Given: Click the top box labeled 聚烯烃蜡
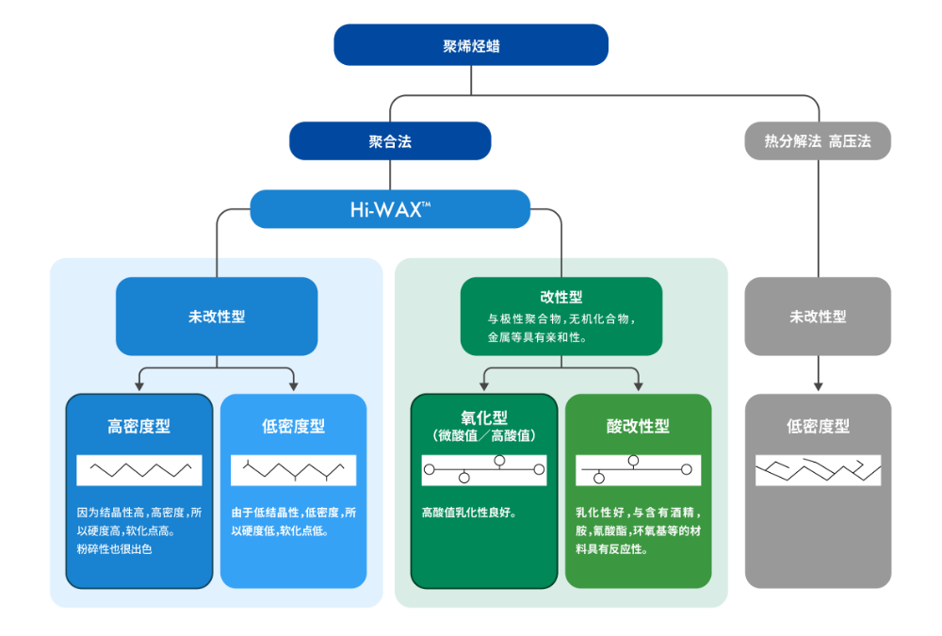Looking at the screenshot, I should coord(471,45).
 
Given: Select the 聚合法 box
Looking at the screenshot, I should coord(390,141).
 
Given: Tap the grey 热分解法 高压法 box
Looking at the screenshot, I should coord(817,141).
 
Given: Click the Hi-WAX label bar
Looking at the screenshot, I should coord(390,209).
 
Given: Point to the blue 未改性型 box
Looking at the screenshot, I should coord(217,317).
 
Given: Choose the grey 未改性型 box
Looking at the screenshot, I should coord(817,317).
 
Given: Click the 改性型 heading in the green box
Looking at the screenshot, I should coord(560,297).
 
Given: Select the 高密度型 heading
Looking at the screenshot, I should coord(139,426).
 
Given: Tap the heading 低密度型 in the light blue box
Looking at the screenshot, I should coord(293,426).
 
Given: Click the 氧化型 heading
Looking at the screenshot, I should coord(483,416).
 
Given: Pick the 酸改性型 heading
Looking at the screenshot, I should coord(638,426).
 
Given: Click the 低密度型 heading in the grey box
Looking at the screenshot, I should coord(817,426).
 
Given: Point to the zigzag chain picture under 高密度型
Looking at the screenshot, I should coord(139,469).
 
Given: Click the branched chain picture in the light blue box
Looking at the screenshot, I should coord(293,469).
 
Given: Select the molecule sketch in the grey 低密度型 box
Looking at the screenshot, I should coord(817,469).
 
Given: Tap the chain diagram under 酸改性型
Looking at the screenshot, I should coord(638,469).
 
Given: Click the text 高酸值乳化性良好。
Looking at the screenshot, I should coord(468,514).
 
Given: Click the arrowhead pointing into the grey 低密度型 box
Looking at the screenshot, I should coord(818,385).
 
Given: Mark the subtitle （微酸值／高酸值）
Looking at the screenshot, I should coord(483,435).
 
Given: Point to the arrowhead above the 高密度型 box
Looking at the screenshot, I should coord(139,385).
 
